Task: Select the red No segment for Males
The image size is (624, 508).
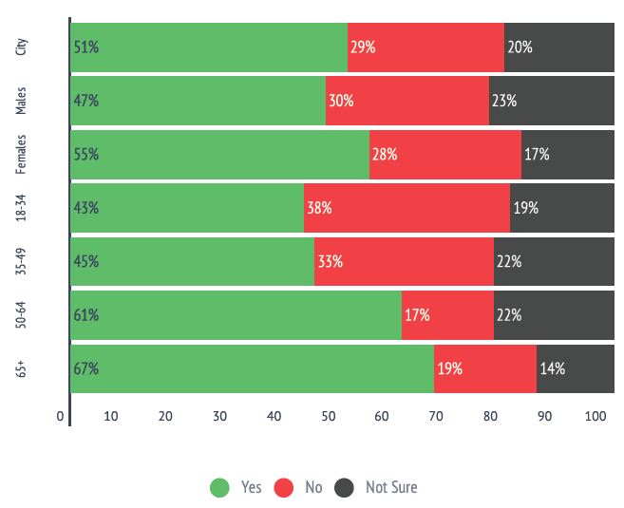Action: click(407, 101)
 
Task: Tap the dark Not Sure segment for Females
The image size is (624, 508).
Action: click(568, 154)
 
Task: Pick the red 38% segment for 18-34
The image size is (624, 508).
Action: click(407, 208)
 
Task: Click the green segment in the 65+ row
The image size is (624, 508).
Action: click(252, 368)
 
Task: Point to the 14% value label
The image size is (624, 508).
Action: click(553, 368)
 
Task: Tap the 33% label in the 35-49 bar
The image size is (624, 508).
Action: click(330, 262)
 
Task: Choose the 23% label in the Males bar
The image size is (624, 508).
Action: click(504, 101)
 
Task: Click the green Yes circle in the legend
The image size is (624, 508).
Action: click(220, 487)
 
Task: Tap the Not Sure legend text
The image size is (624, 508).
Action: click(391, 487)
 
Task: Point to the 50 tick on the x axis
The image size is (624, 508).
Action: click(329, 416)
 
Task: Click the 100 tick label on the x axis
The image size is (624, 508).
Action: click(596, 416)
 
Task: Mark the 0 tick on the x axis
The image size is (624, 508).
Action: click(61, 416)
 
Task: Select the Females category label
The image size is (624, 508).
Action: click(22, 154)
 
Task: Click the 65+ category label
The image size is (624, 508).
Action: click(22, 368)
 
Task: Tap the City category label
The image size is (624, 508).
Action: click(22, 47)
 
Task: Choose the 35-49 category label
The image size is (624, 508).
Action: click(22, 262)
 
